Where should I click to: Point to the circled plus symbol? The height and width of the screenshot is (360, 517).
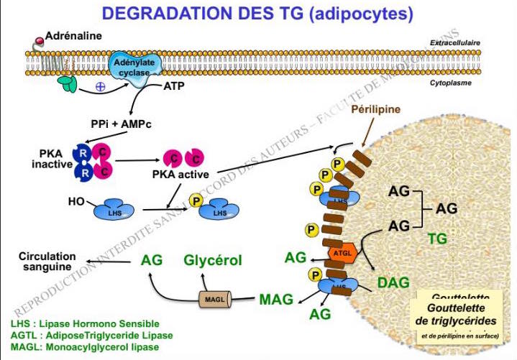(100, 88)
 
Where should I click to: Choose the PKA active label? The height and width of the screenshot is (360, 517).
(181, 173)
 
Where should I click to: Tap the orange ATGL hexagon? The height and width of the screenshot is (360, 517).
(340, 254)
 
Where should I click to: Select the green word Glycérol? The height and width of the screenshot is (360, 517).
(213, 260)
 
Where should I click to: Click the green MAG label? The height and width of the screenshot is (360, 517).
(275, 297)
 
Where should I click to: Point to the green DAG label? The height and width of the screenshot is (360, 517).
(393, 282)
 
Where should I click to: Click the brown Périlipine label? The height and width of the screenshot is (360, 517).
(375, 110)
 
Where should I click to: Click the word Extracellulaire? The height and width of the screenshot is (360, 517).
(454, 42)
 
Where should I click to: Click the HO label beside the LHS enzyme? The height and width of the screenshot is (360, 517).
(77, 201)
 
